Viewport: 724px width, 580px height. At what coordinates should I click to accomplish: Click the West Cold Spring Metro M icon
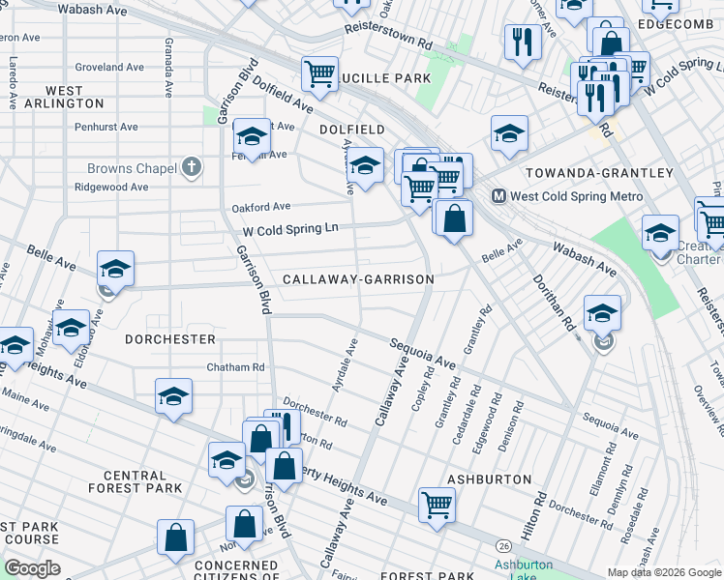pos(499,196)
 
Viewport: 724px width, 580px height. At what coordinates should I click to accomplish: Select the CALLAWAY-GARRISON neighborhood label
pos(357,279)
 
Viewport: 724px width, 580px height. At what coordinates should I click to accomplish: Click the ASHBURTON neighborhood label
pos(489,479)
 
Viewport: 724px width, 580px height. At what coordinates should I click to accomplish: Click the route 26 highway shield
pos(504,547)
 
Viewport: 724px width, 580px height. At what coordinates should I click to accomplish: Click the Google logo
pos(32,568)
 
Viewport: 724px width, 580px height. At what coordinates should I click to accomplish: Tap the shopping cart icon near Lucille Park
pos(318,72)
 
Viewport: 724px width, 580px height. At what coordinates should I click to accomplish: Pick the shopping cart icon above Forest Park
pos(437,503)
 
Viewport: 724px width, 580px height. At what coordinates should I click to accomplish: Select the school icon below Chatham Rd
pos(173,395)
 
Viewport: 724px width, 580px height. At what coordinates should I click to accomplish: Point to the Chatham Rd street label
pos(235,367)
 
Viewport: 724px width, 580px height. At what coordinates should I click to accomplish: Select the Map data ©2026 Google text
pos(664,572)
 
